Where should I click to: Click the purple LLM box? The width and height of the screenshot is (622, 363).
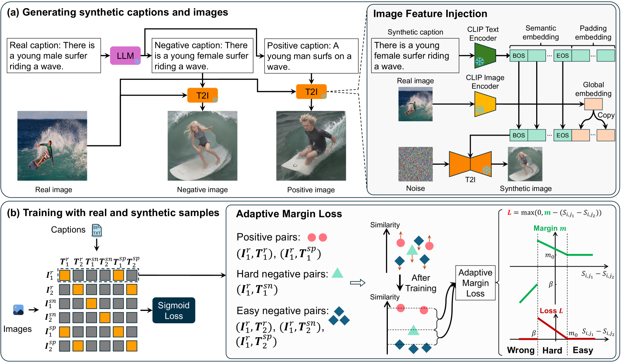[125, 56]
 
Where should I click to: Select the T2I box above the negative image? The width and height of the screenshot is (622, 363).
[202, 95]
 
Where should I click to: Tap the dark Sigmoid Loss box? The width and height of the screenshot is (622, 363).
[173, 310]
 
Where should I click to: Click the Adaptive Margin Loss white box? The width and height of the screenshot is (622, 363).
[475, 283]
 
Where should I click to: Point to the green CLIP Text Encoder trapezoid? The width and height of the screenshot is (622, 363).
[485, 56]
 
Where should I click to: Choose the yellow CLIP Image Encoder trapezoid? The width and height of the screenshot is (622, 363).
[485, 104]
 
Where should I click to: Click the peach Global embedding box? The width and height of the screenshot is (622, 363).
[593, 104]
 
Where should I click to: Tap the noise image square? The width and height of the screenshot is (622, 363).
[415, 164]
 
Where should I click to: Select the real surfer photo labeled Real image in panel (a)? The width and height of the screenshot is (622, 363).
[52, 146]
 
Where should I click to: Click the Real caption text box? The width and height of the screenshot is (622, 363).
[54, 55]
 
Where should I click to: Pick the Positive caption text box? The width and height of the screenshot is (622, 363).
[311, 56]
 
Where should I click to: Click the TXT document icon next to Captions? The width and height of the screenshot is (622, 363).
[97, 230]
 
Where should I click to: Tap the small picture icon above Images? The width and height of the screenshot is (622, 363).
[18, 309]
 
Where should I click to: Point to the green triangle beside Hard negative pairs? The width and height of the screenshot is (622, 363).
[337, 273]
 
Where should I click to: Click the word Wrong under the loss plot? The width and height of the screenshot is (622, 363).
[520, 350]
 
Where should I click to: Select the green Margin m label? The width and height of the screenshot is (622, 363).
[549, 228]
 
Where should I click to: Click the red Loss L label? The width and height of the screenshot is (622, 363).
[551, 311]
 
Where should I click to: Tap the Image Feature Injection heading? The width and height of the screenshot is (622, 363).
[430, 14]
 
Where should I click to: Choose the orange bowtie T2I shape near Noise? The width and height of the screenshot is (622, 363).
[470, 164]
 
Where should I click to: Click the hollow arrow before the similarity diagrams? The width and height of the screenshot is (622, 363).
[357, 283]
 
